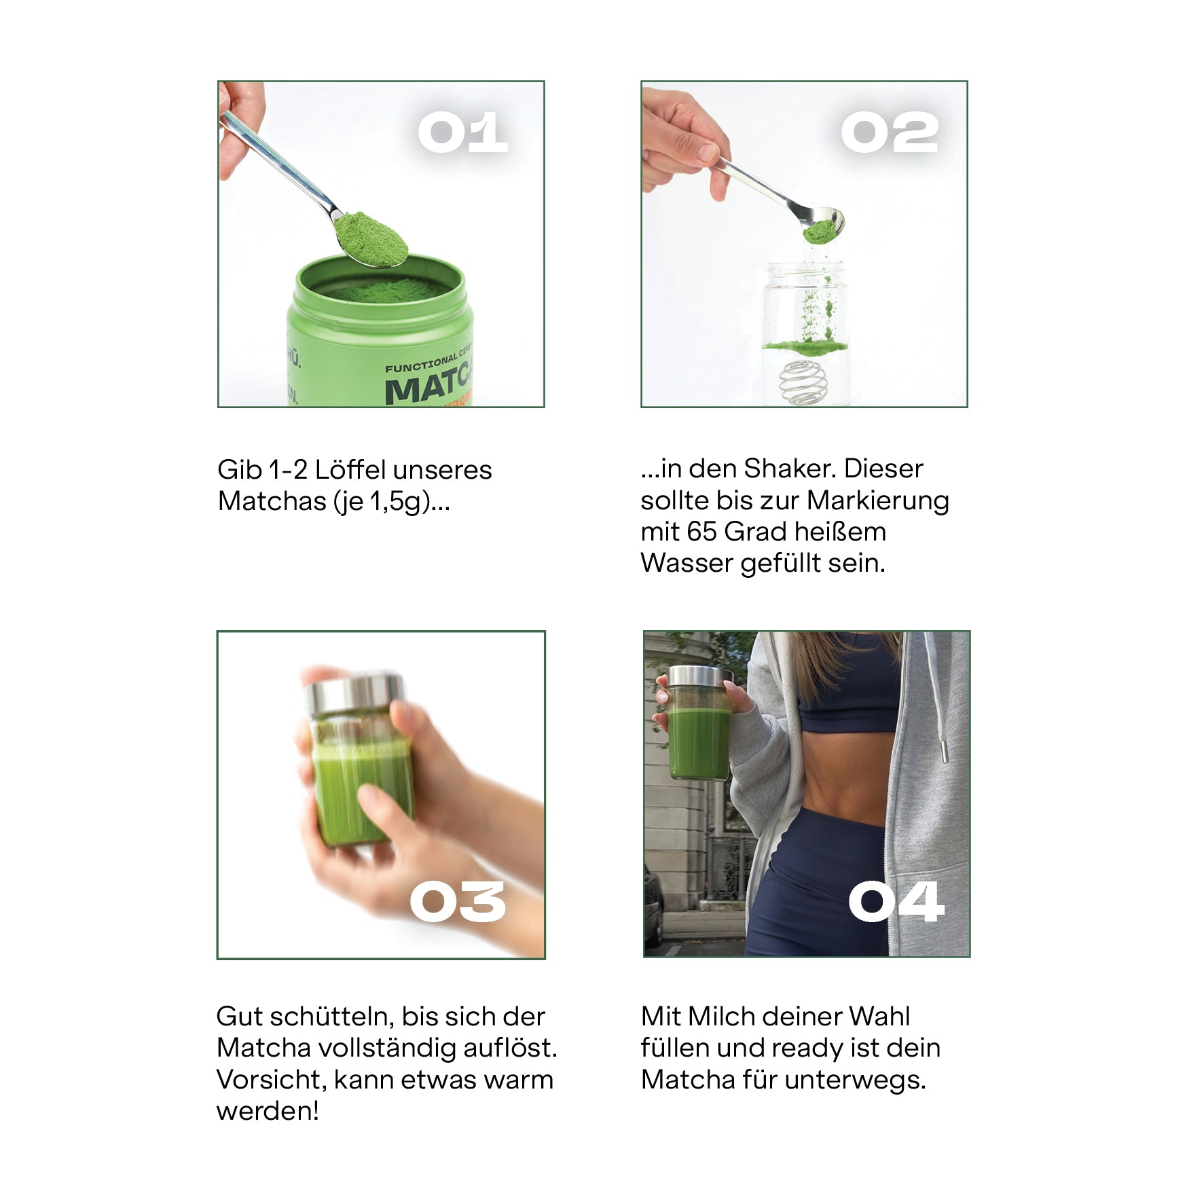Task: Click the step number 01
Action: tap(462, 132)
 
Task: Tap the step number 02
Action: tap(889, 132)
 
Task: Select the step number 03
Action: tap(458, 902)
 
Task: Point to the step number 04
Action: tap(896, 902)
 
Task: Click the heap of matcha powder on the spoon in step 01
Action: tap(371, 238)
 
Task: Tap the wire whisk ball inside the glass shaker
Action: tap(804, 382)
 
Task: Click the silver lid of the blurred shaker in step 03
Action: tap(354, 693)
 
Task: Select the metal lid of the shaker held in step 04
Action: tap(699, 676)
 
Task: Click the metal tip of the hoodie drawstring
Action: tap(945, 751)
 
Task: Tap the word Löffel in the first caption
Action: tap(350, 470)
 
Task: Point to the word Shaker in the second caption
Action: tap(790, 469)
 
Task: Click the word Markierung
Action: tap(878, 500)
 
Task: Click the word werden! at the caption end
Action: tap(268, 1111)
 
